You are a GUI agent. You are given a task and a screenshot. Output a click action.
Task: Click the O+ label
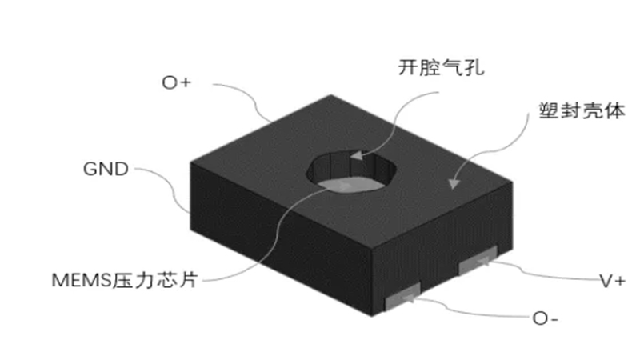[176, 82]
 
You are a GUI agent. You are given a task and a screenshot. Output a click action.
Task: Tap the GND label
[106, 169]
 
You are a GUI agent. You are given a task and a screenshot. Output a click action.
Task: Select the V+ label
[612, 281]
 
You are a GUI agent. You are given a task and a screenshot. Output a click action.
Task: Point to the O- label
[546, 318]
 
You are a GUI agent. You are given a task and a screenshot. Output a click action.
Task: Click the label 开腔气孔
[442, 67]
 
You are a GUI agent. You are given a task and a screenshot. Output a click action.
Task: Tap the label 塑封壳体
[582, 110]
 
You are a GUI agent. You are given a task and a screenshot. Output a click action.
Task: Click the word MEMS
[82, 281]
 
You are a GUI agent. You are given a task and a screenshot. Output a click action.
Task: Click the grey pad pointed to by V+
[478, 260]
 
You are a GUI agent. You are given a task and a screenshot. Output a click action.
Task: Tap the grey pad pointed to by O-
[403, 296]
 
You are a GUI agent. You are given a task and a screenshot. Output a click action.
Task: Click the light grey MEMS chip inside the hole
[351, 185]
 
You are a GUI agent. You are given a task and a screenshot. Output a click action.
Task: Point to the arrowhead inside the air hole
[356, 155]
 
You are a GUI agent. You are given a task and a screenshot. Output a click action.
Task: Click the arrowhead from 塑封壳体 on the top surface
[454, 184]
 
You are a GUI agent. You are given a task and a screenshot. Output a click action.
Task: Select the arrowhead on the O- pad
[408, 298]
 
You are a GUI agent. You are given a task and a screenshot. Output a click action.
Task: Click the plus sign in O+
[185, 82]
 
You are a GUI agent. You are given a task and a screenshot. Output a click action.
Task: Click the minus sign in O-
[554, 319]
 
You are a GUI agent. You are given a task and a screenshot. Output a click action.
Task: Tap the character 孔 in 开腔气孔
[474, 67]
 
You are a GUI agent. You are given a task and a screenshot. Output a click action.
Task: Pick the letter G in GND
[90, 169]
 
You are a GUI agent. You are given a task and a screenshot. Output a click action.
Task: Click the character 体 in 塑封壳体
[615, 110]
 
